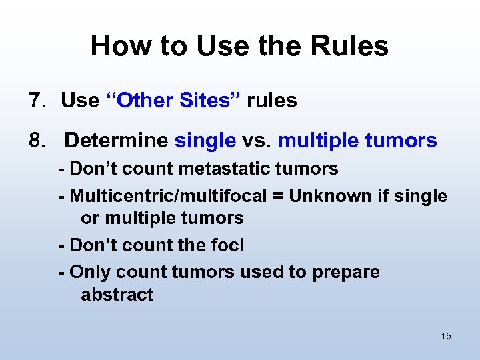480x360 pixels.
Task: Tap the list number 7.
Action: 35,101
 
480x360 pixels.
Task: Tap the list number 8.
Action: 35,141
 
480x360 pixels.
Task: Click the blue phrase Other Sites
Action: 177,101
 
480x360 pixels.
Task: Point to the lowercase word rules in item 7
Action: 271,101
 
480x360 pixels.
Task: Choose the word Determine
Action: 116,141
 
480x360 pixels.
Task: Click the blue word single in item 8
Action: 205,141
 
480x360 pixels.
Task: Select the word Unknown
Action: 323,196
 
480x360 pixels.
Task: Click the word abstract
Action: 117,295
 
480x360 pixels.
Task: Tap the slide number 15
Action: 445,336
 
